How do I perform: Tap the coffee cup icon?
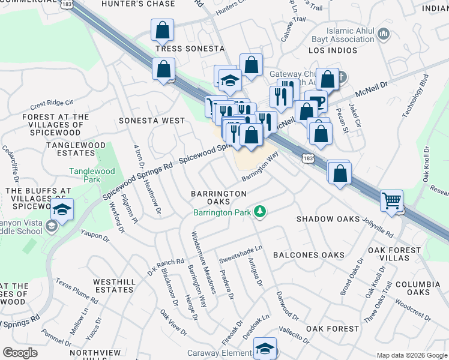tap(316, 101)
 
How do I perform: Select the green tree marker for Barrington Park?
tap(260, 212)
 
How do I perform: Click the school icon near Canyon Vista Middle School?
tap(61, 209)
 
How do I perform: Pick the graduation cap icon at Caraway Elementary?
tap(264, 349)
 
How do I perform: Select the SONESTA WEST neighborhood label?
tap(152, 121)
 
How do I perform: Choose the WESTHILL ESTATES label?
tap(114, 285)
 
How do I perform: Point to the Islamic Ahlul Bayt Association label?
tap(351, 35)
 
